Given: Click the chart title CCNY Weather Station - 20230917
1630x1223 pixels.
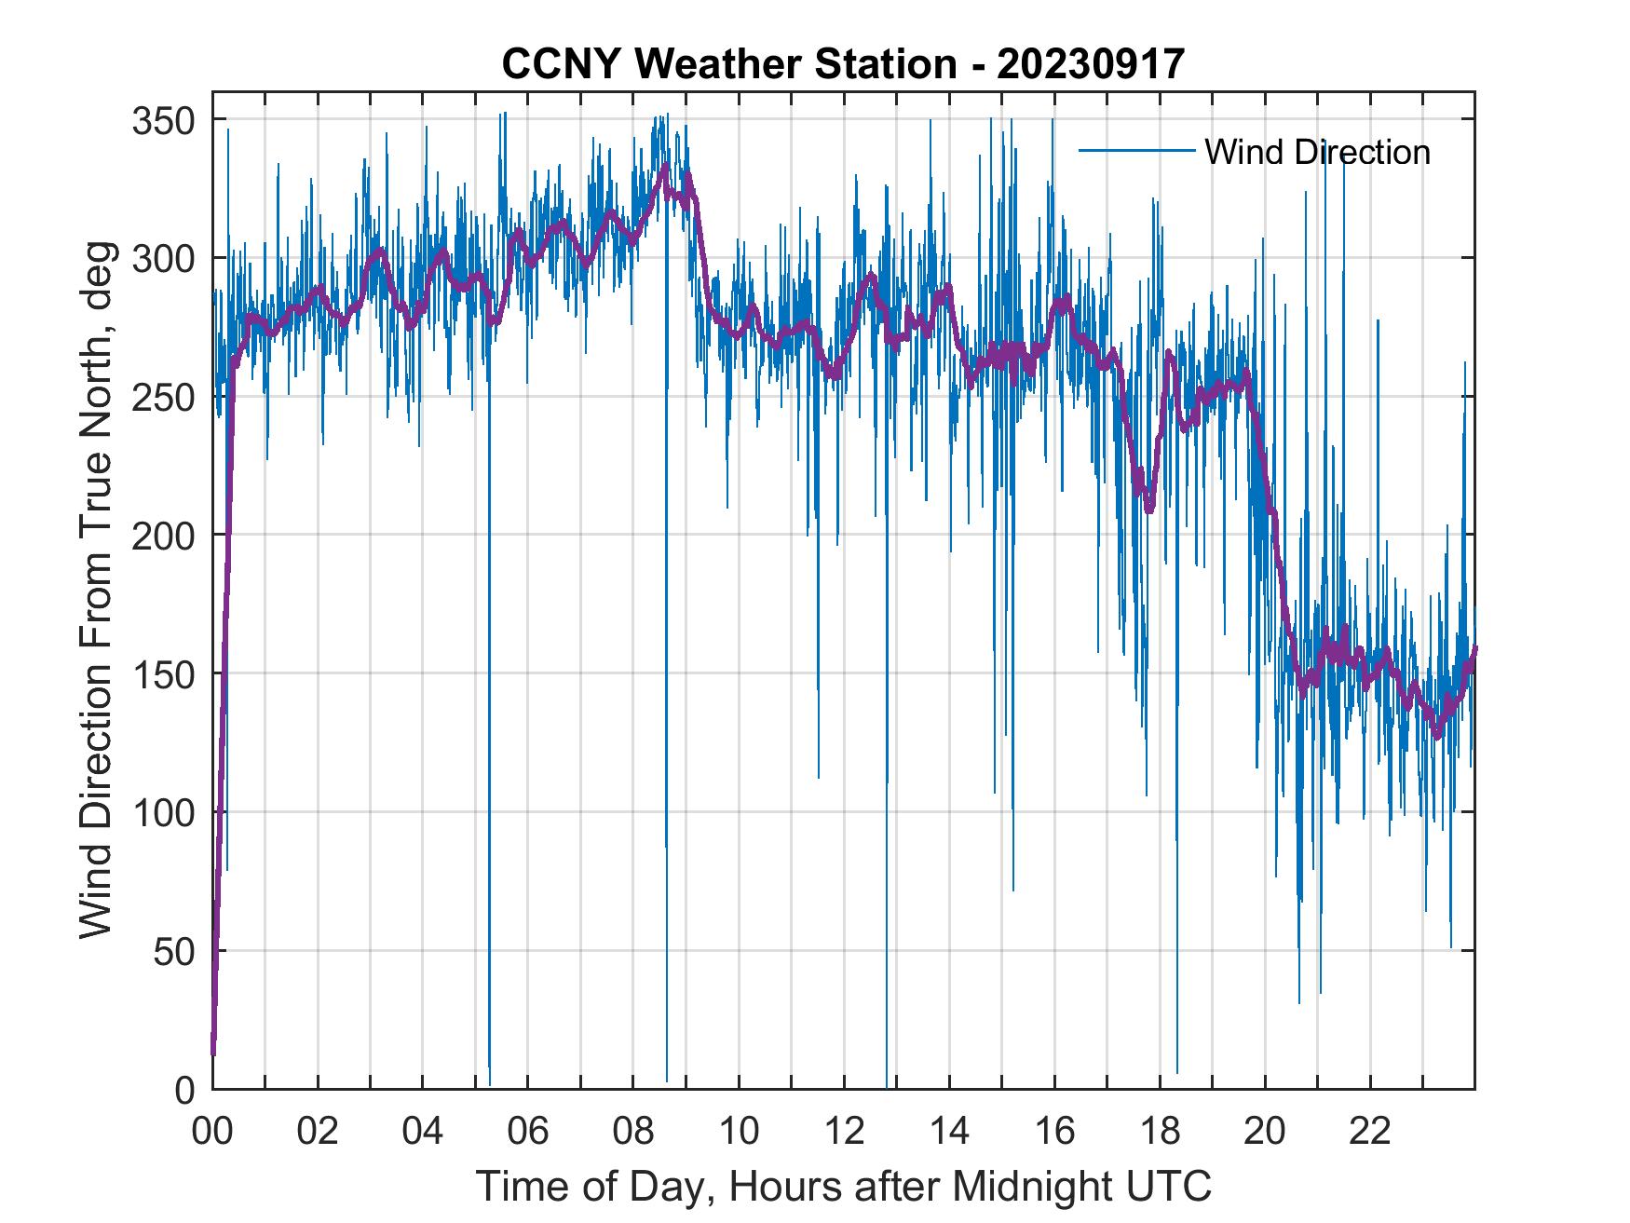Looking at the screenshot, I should (843, 64).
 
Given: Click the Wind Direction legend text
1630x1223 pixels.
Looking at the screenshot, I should (1317, 152).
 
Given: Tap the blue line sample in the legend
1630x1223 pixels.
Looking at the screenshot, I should (1136, 151).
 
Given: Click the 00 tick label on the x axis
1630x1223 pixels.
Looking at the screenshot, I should (212, 1132).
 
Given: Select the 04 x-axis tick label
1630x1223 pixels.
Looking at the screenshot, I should (423, 1132).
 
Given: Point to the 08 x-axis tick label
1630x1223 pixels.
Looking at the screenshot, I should (633, 1132).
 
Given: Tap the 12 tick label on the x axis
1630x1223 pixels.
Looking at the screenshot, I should (844, 1132).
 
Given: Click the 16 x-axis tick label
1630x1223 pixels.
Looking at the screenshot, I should (1054, 1132).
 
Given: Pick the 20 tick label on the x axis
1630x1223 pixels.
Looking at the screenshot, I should (1265, 1132).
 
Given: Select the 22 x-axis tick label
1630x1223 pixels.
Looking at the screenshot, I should (1370, 1132).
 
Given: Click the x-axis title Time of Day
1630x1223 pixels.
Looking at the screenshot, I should (844, 1187).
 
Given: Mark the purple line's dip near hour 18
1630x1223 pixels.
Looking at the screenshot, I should (1149, 509).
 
